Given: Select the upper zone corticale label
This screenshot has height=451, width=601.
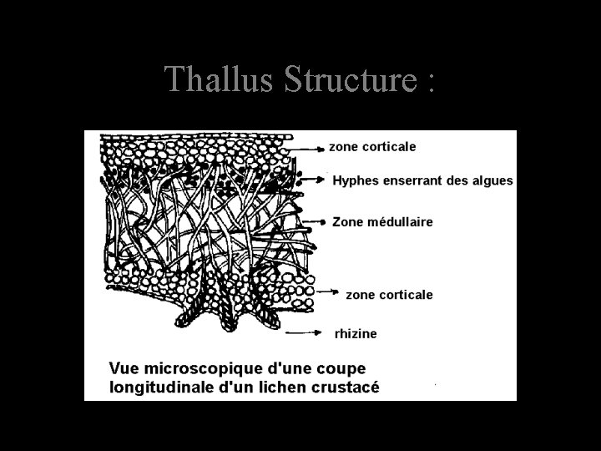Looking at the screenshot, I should [372, 146].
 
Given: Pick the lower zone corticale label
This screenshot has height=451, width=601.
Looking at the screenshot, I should [389, 294].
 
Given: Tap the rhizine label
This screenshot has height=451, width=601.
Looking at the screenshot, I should [356, 333].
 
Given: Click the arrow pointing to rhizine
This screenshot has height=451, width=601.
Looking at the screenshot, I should [305, 332].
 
